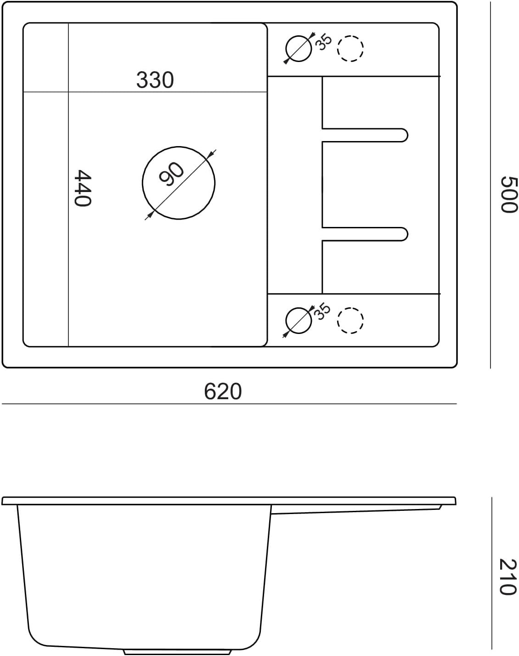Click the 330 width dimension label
point(155,80)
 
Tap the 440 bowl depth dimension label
point(83,188)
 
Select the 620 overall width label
point(223,391)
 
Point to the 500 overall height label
point(508,194)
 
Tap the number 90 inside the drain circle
point(171,174)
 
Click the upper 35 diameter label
point(323,42)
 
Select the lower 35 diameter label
point(323,311)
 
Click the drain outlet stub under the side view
point(177,652)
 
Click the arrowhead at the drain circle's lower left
point(150,215)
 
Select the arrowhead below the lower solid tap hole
point(286,334)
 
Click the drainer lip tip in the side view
point(440,507)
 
